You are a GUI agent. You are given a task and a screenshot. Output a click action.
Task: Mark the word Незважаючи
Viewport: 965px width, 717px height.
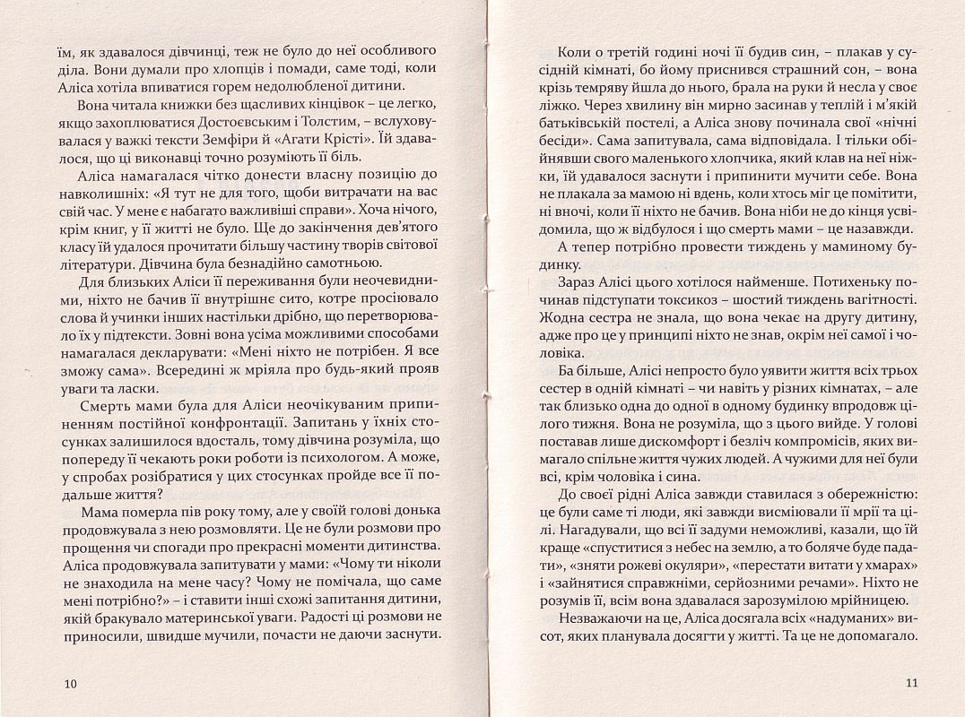click(604, 619)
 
